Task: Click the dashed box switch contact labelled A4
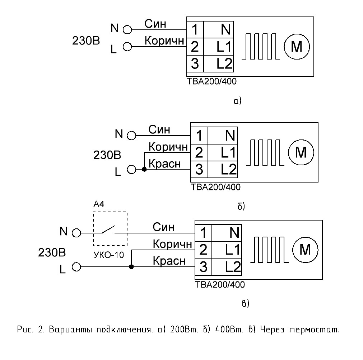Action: point(110,229)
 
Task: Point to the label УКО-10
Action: point(109,255)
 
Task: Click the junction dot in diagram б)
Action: point(144,170)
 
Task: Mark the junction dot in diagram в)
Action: point(131,267)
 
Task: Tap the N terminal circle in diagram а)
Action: point(127,30)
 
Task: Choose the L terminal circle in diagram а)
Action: point(127,47)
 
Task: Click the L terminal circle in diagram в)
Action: point(76,267)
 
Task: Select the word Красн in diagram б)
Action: point(164,164)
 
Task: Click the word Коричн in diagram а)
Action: point(164,41)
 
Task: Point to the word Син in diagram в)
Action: point(163,227)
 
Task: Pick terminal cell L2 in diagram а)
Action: point(219,63)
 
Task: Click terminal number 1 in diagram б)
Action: point(199,136)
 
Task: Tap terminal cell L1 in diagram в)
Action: point(227,250)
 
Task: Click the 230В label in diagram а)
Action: point(86,41)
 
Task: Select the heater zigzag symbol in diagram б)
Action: point(265,153)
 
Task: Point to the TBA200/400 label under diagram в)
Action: point(220,284)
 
